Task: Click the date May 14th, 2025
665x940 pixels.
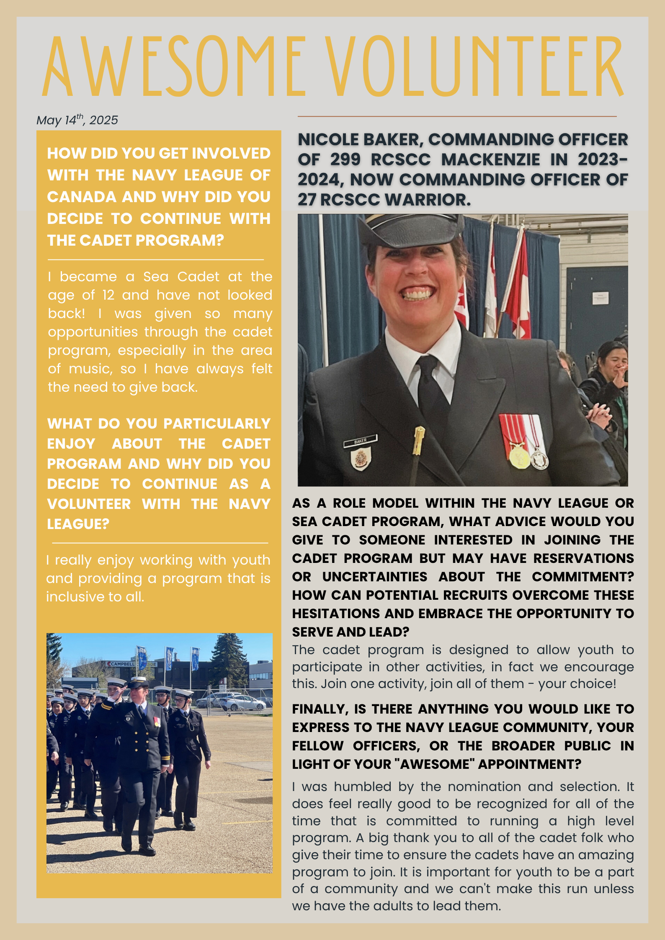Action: (77, 121)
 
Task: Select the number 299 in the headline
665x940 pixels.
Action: (345, 159)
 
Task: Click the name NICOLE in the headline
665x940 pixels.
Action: (329, 139)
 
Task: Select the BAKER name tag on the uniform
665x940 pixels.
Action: (361, 441)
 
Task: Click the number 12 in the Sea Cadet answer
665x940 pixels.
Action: (108, 295)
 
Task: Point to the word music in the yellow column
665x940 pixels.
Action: (90, 369)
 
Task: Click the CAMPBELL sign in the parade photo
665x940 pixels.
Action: (122, 664)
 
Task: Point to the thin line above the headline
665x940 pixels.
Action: (456, 116)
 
